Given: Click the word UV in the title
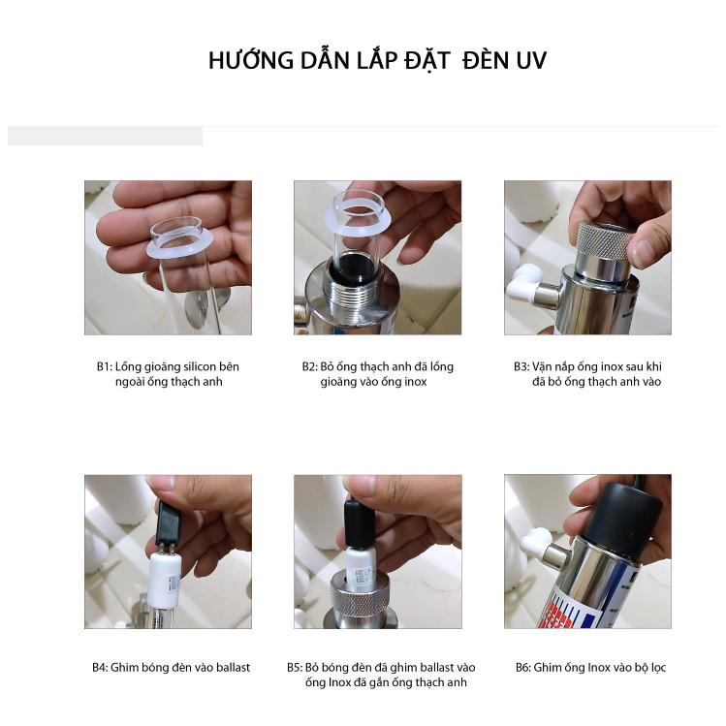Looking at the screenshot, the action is pyautogui.click(x=531, y=61).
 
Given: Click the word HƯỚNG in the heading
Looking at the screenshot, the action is pyautogui.click(x=251, y=59).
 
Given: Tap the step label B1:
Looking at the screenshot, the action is pyautogui.click(x=104, y=366).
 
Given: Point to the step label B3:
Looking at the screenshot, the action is pyautogui.click(x=521, y=366).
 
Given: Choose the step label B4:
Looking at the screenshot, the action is pyautogui.click(x=100, y=667).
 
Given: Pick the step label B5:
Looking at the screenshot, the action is pyautogui.click(x=295, y=667).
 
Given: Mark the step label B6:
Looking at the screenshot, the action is pyautogui.click(x=523, y=667).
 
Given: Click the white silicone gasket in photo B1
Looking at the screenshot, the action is pyautogui.click(x=179, y=249).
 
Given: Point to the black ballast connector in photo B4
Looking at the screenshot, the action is pyautogui.click(x=167, y=522).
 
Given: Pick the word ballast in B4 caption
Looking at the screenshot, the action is pyautogui.click(x=233, y=667).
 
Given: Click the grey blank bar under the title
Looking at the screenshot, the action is pyautogui.click(x=105, y=136).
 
